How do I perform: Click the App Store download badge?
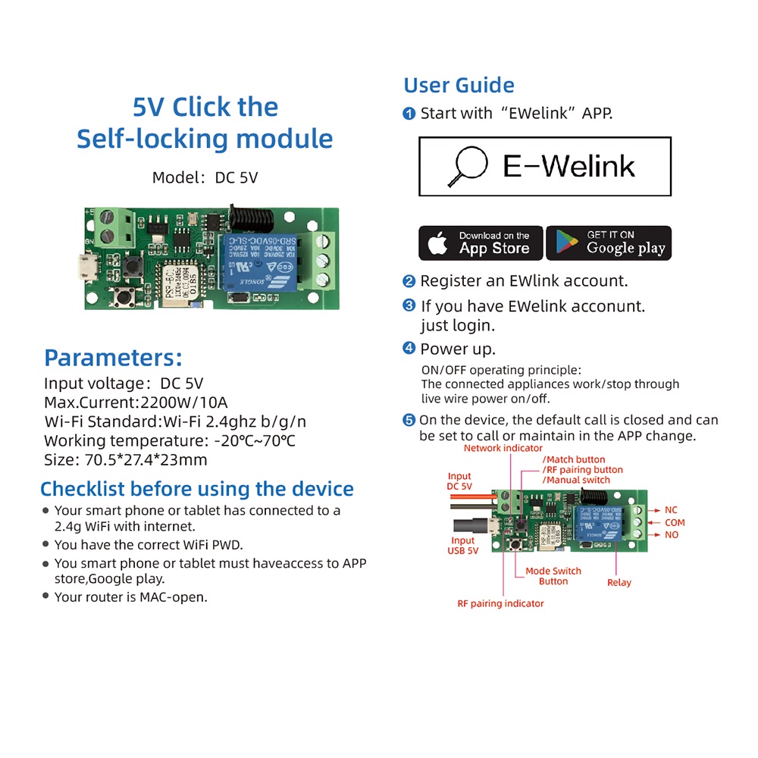point(481,243)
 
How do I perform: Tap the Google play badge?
point(609,243)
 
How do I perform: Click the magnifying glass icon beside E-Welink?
point(466,166)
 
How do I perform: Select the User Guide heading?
point(459,86)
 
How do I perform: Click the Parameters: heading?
point(113,358)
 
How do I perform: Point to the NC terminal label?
point(672,510)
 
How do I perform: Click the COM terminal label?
point(675,522)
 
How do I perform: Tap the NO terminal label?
point(672,535)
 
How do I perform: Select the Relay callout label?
point(619,582)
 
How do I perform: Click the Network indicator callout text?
point(503,448)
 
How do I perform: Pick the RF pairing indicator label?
point(500,603)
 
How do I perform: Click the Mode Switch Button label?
point(553,576)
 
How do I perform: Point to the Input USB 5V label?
point(463,546)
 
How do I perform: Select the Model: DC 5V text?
point(205,178)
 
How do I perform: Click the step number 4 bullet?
point(409,349)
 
